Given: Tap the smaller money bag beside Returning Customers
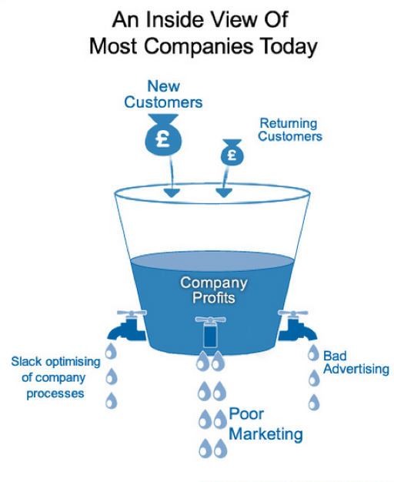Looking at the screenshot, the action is click(x=232, y=152).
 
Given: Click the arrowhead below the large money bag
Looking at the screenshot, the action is click(x=172, y=193).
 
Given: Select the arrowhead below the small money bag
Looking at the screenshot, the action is click(x=224, y=192).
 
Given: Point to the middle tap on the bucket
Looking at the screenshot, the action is click(x=210, y=332).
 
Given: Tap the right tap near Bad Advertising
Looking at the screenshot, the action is click(x=297, y=326).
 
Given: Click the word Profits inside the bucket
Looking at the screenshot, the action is click(x=214, y=298).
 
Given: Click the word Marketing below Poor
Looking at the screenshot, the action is click(x=265, y=434).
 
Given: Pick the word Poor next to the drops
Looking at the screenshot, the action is click(x=246, y=413).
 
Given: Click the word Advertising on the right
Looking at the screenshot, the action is click(x=356, y=369).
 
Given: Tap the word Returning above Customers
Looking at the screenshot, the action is click(x=289, y=123).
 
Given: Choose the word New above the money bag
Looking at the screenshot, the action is click(x=163, y=86).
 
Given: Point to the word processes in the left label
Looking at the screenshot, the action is click(x=55, y=393).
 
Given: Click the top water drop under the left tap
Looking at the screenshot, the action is click(x=111, y=351).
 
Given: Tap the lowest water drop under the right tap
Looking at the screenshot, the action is click(x=314, y=402).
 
